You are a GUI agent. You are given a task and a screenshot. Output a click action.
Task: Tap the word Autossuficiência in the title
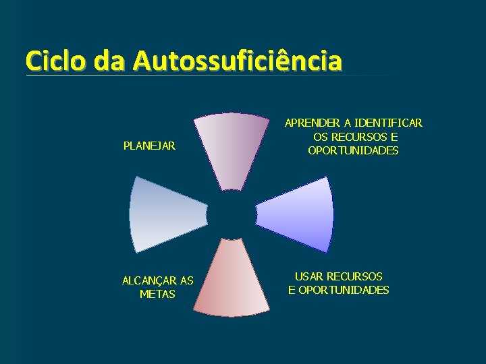[238, 61]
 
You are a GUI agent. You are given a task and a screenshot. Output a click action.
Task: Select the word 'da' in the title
[110, 61]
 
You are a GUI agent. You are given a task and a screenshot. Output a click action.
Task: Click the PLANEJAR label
[149, 146]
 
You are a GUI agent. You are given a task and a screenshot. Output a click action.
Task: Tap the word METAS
[157, 294]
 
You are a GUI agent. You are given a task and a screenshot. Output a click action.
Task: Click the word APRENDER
[313, 123]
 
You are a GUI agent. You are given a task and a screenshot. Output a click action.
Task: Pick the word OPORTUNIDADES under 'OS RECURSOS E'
[353, 150]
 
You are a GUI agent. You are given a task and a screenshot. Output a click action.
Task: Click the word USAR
[309, 276]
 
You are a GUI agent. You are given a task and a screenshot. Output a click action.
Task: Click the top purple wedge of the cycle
[232, 148]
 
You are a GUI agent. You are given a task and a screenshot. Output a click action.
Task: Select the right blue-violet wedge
[300, 214]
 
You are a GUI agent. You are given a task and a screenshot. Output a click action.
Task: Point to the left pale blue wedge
[163, 214]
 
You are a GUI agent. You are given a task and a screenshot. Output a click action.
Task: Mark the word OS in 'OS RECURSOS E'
[320, 137]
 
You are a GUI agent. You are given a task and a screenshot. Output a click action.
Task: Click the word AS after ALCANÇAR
[186, 280]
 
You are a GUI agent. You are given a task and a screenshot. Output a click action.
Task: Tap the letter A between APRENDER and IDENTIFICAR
[348, 123]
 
